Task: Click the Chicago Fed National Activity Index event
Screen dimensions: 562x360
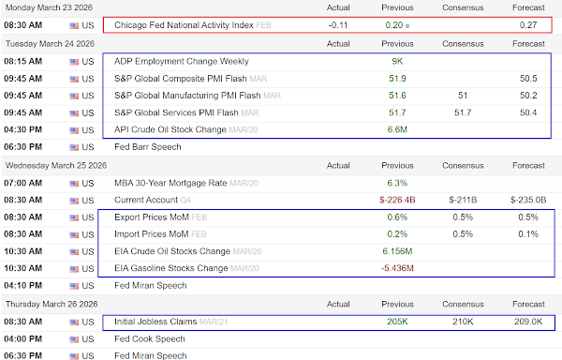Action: (x=184, y=25)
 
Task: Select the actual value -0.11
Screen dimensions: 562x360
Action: (x=338, y=25)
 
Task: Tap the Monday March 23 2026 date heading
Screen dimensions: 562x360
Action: (x=49, y=7)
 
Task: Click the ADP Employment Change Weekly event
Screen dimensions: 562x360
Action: (x=182, y=61)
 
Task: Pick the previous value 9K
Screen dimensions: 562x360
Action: (x=397, y=61)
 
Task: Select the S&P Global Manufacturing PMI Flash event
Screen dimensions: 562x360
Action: (x=187, y=96)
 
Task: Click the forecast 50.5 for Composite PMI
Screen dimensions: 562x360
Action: (x=528, y=79)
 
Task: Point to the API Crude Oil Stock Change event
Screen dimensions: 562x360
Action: (x=170, y=129)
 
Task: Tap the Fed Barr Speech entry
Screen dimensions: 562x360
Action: (x=148, y=146)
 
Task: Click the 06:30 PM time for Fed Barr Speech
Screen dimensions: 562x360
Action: (x=22, y=146)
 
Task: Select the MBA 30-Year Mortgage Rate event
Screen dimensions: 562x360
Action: (x=170, y=183)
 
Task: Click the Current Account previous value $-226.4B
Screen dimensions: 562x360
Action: (x=397, y=200)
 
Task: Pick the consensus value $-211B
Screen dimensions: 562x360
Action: (x=463, y=200)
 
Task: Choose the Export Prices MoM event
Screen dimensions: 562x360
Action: (x=152, y=217)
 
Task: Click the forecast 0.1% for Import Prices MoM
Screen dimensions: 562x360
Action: (x=528, y=234)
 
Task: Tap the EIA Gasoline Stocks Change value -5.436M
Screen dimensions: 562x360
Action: (x=397, y=268)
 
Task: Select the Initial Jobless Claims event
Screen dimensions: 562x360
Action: (x=155, y=322)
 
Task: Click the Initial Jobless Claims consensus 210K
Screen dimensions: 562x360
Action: (x=463, y=322)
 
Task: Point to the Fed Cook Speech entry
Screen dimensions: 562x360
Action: (x=150, y=338)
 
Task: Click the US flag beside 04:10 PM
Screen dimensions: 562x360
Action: (x=74, y=286)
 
